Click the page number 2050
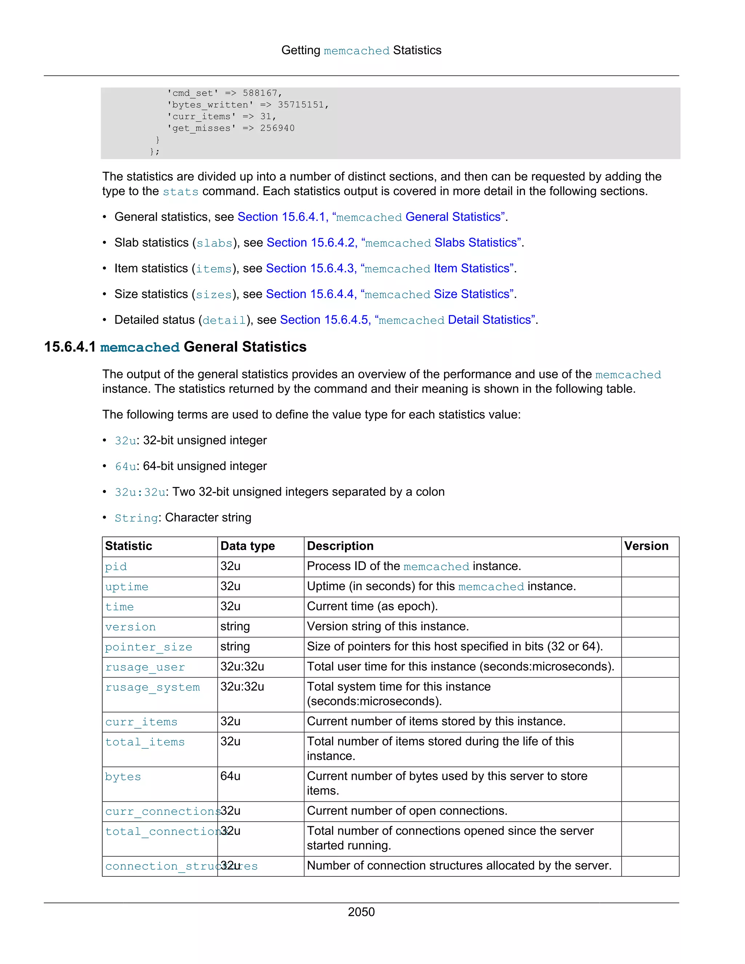coord(361,912)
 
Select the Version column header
coord(646,546)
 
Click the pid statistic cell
coord(116,566)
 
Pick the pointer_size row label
coord(149,647)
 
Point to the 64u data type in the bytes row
coord(230,776)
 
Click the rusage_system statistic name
coord(152,687)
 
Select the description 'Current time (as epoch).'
coord(372,606)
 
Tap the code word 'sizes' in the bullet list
coord(214,294)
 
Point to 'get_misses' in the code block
coord(201,128)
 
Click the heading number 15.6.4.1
coord(70,347)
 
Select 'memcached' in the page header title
coord(356,51)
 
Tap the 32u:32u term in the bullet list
coord(140,492)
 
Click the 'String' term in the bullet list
coord(136,518)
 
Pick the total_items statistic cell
coord(145,742)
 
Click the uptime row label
coord(127,587)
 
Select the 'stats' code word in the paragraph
coord(180,192)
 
